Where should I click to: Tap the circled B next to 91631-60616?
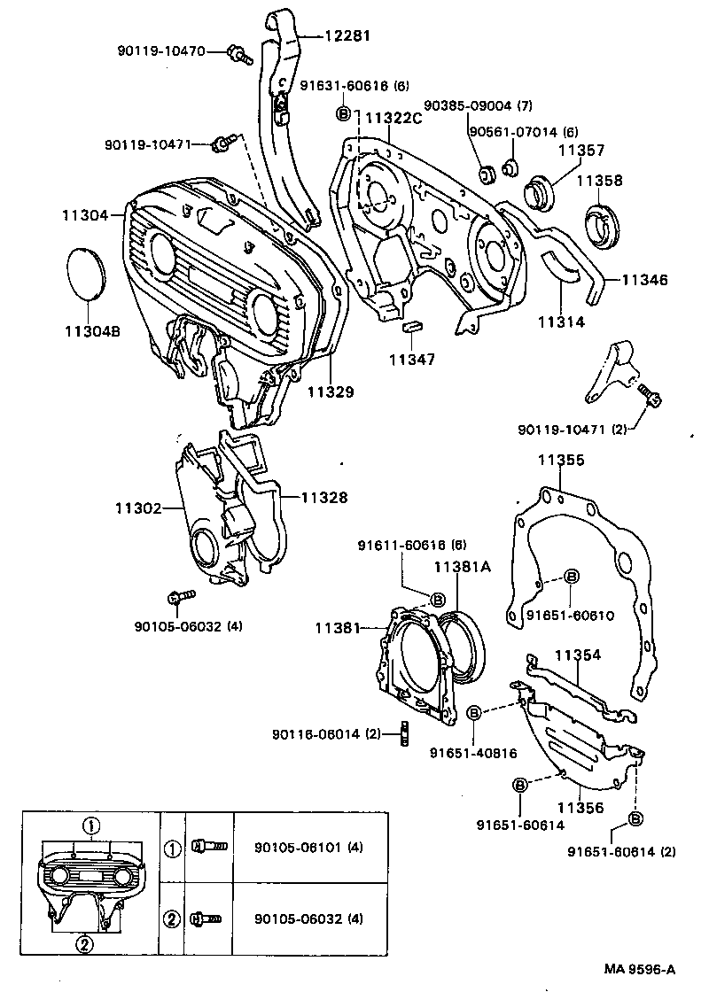(344, 114)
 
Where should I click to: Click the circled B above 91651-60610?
(571, 577)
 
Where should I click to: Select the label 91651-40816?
(472, 753)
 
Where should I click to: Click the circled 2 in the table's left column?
(172, 918)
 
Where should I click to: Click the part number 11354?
(578, 655)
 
